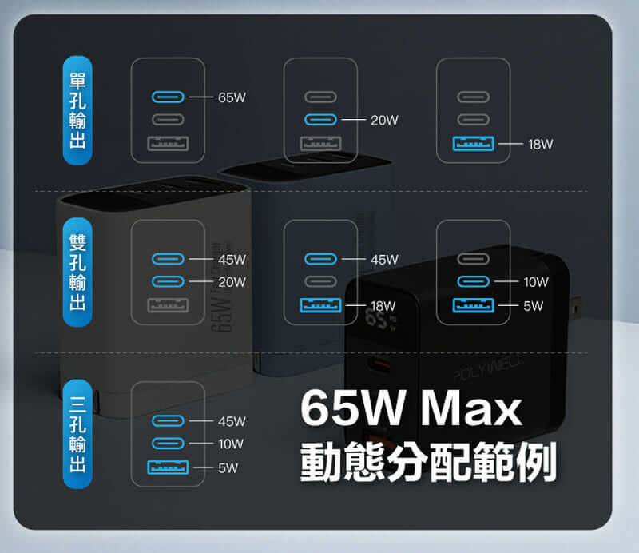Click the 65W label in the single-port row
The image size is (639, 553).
(x=232, y=97)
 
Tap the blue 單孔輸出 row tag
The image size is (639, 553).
(x=77, y=110)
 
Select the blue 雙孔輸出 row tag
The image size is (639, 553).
(x=77, y=273)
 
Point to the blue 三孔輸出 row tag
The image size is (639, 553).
(x=77, y=434)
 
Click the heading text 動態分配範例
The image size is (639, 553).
(x=427, y=461)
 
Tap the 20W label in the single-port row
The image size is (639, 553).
(x=384, y=121)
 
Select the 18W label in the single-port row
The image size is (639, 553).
(x=540, y=145)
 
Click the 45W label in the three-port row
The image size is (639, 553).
(x=232, y=421)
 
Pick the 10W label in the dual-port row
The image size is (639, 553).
(x=536, y=282)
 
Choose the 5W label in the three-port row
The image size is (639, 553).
(x=228, y=467)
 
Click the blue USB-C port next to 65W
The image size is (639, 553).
(x=168, y=97)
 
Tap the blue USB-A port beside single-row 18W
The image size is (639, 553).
(x=474, y=145)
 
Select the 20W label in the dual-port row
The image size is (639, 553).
(x=232, y=282)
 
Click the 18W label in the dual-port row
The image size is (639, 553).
(x=383, y=306)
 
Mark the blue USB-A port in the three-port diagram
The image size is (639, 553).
(x=168, y=467)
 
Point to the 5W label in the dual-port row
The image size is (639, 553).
(x=534, y=306)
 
